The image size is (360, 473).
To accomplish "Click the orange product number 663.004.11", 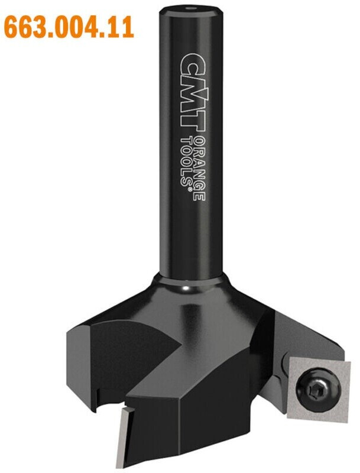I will pos(69,27).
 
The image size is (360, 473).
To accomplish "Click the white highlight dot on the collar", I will pos(185,289).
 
